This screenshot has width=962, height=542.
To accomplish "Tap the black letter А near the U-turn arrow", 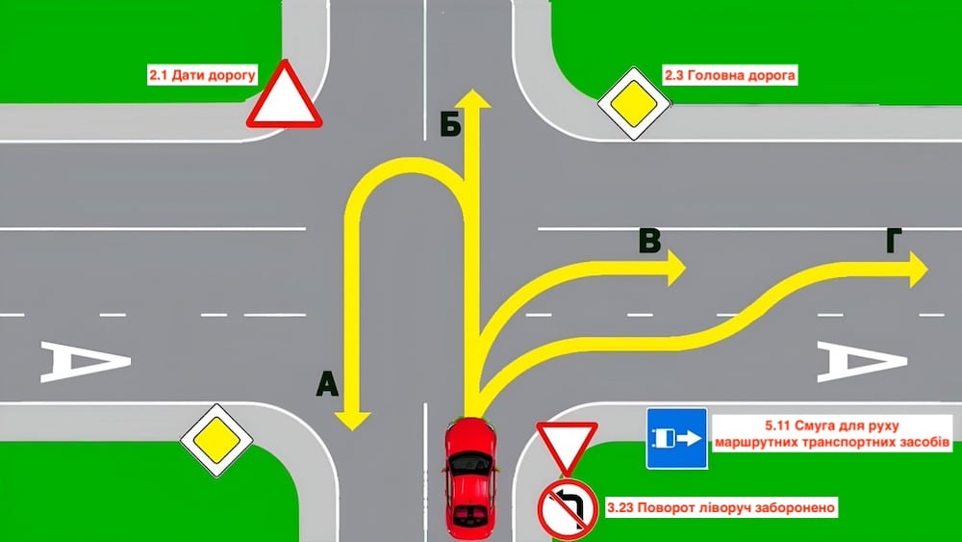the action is [328, 385].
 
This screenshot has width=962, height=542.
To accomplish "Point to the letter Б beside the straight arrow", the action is [450, 126].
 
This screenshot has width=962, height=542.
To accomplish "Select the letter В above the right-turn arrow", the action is [649, 241].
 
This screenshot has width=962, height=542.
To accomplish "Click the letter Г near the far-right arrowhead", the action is [894, 241].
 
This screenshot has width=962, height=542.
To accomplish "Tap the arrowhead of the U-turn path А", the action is [352, 420].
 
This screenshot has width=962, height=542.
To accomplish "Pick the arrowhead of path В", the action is [676, 268].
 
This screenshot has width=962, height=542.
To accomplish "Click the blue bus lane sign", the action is [676, 438].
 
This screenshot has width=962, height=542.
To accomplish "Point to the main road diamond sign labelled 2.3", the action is [634, 103].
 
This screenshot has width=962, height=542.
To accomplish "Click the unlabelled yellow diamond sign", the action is [216, 440].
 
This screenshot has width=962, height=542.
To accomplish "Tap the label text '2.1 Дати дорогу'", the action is [202, 75].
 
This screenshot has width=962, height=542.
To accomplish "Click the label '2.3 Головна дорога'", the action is [729, 75].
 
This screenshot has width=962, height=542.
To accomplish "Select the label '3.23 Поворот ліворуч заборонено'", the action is [721, 507].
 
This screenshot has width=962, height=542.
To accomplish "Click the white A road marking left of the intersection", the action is [86, 362].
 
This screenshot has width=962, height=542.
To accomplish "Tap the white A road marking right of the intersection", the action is [862, 362].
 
